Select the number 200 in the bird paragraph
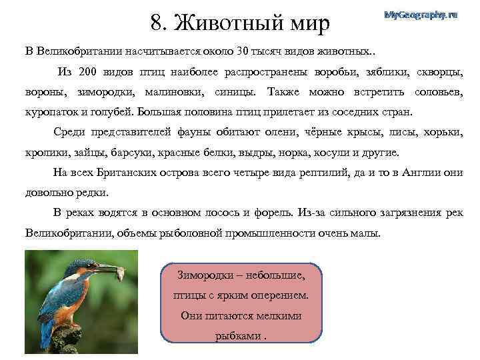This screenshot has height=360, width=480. [88, 71]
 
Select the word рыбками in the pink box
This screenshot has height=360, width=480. [237, 335]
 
